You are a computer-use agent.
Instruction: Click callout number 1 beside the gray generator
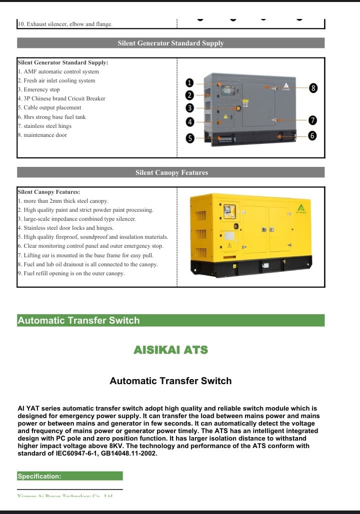click(x=189, y=83)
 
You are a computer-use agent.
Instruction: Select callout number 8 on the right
click(x=313, y=88)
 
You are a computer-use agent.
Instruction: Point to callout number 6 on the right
click(x=313, y=135)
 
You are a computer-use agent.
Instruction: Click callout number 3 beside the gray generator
click(x=189, y=108)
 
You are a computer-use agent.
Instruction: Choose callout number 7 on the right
click(x=313, y=120)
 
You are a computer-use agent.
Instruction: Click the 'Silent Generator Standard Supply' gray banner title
click(x=170, y=43)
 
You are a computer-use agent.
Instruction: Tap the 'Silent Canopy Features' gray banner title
click(x=171, y=173)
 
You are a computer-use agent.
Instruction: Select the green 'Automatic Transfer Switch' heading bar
click(x=78, y=321)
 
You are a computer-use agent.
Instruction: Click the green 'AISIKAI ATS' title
click(x=170, y=350)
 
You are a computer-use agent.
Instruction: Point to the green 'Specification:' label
click(x=39, y=477)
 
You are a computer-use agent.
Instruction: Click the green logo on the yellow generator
click(x=301, y=208)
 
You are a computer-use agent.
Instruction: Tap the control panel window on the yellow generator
click(x=229, y=211)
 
